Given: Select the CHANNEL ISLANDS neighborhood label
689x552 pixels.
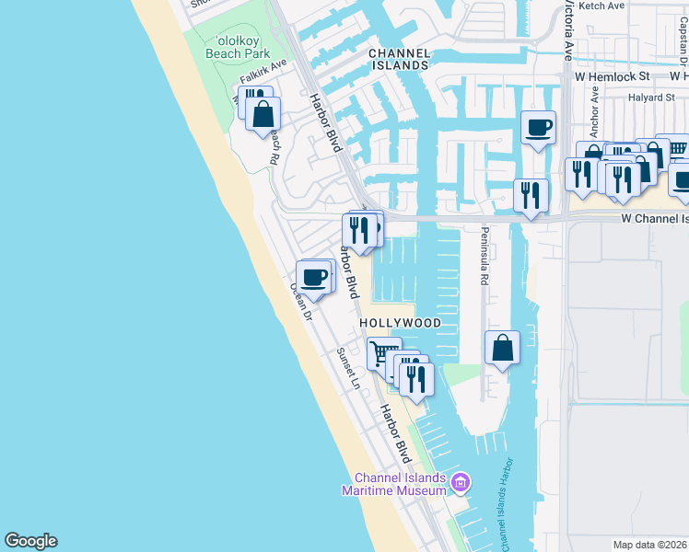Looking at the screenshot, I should coord(399,60).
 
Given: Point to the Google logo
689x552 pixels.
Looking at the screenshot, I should coord(30,541).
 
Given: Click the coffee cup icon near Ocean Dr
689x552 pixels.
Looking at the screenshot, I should coord(315,276).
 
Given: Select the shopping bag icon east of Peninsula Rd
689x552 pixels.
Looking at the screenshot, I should coord(502,348).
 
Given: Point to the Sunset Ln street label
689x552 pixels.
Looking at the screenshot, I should coord(346,369).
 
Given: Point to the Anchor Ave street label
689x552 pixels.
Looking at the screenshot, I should coord(594,107).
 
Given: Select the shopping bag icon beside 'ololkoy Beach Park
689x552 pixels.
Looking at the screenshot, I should coord(263,115).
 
